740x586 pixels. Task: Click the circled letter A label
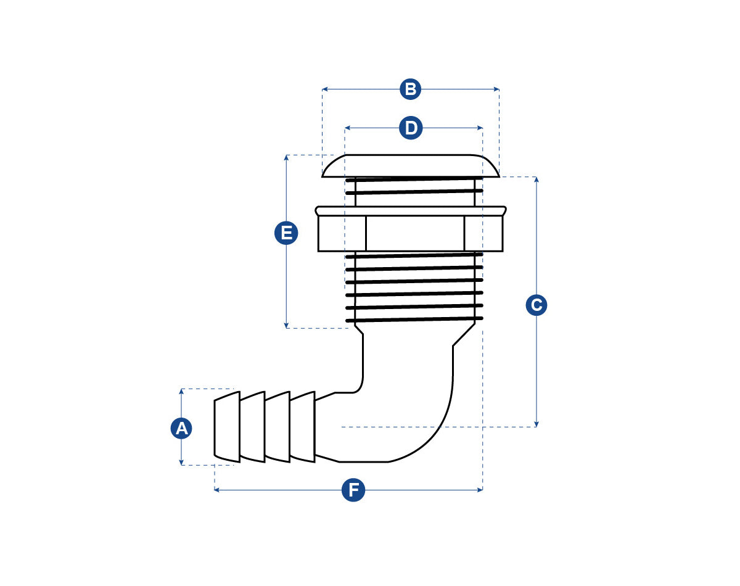(181, 428)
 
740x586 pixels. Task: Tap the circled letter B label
(410, 89)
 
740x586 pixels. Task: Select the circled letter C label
(536, 305)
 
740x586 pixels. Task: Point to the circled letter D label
(411, 128)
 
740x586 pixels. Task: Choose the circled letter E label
(286, 234)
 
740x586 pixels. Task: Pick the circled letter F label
(353, 490)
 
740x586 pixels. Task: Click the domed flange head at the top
(410, 166)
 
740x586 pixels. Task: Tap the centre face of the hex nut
(414, 234)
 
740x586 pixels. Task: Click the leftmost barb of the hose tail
(227, 427)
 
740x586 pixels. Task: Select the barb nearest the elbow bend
(302, 427)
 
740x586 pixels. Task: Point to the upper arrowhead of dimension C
(536, 180)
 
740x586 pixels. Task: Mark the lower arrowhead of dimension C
(536, 424)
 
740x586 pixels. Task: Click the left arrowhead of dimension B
(324, 89)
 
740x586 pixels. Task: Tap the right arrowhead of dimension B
(496, 89)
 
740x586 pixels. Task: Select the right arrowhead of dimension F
(480, 490)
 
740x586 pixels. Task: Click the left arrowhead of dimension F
(217, 490)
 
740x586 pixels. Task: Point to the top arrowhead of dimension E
(286, 157)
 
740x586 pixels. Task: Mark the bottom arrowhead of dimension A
(181, 462)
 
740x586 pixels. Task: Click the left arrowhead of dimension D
(347, 128)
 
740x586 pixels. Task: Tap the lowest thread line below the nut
(414, 320)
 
